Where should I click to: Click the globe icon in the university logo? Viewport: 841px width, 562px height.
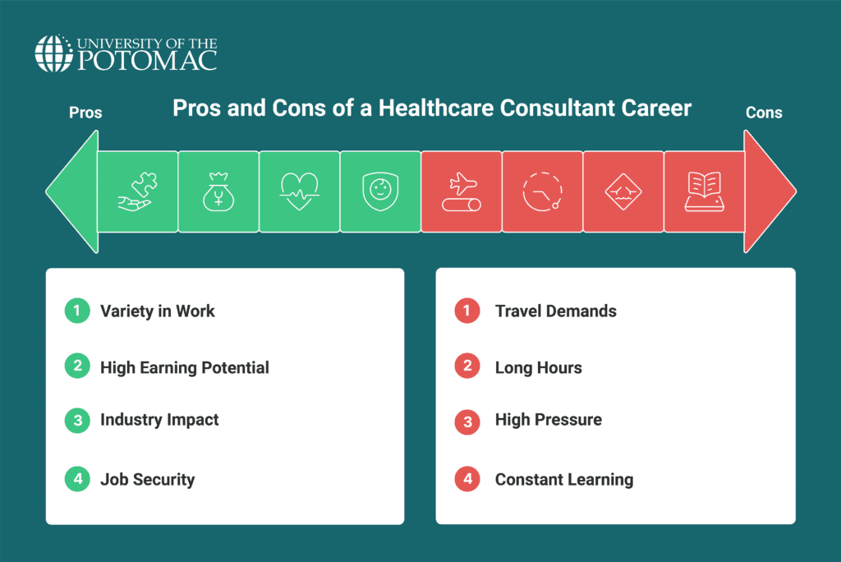pos(53,53)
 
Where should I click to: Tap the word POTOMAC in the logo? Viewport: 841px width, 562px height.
pos(148,60)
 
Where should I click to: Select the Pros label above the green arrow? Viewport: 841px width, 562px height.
pos(85,113)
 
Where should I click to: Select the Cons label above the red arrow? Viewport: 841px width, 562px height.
pos(764,113)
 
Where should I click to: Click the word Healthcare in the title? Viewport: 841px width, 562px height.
pos(437,108)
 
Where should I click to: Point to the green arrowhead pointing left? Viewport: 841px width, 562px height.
pos(72,191)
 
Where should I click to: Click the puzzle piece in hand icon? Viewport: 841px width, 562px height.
pos(137,191)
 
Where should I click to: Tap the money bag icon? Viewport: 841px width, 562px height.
pos(218,191)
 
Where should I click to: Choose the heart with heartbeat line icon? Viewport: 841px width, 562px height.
pos(299,191)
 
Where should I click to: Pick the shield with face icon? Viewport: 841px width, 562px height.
pos(380,191)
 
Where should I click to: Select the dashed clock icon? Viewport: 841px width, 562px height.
pos(542,191)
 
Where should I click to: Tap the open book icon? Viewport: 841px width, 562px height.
pos(704,191)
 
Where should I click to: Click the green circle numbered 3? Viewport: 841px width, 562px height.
pos(77,421)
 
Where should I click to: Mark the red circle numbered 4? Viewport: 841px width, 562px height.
pos(467,479)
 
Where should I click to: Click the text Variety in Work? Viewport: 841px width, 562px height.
pos(157,311)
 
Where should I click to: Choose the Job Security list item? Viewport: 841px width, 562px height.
pos(148,479)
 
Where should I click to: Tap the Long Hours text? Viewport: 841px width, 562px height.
pos(539,368)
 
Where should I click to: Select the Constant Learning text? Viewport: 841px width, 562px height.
pos(564,479)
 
